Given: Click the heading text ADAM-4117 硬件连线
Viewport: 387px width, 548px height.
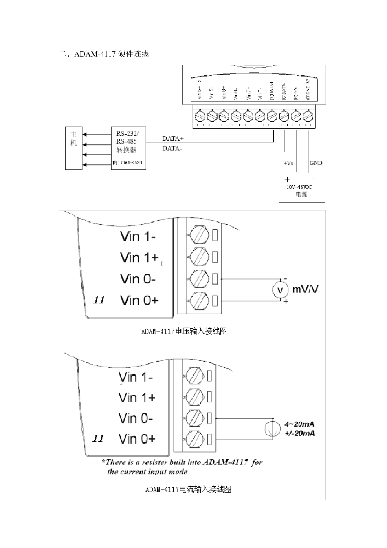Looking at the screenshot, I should click(111, 54).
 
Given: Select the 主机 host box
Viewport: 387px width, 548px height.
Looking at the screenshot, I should click(74, 148).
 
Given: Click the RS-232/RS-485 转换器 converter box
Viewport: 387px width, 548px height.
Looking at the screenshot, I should click(128, 148).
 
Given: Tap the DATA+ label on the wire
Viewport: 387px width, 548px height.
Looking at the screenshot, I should click(173, 139).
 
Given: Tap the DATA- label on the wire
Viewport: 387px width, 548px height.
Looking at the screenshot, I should click(172, 148).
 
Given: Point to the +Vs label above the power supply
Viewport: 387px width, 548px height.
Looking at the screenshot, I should click(288, 163).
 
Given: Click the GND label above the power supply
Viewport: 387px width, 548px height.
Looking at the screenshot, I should click(316, 163).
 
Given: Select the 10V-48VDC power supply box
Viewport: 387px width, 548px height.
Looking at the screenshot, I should click(302, 187).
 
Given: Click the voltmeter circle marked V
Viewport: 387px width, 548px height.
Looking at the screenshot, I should click(280, 289).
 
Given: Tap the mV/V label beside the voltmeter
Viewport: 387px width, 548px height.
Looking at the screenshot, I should click(306, 289).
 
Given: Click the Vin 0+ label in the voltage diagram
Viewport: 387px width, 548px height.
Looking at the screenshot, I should click(139, 301).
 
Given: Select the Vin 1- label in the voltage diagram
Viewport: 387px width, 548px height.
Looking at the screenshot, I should click(138, 236).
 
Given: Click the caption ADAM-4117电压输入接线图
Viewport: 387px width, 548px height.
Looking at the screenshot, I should click(184, 331).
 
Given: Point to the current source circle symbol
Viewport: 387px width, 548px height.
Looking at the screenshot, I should click(273, 429).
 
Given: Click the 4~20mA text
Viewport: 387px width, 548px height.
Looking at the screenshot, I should click(299, 424).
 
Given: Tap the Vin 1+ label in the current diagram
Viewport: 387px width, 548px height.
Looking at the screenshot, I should click(137, 398).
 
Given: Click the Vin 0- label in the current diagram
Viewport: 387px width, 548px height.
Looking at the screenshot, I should click(136, 418).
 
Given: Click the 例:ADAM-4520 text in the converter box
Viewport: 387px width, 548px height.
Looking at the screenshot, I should click(128, 163).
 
